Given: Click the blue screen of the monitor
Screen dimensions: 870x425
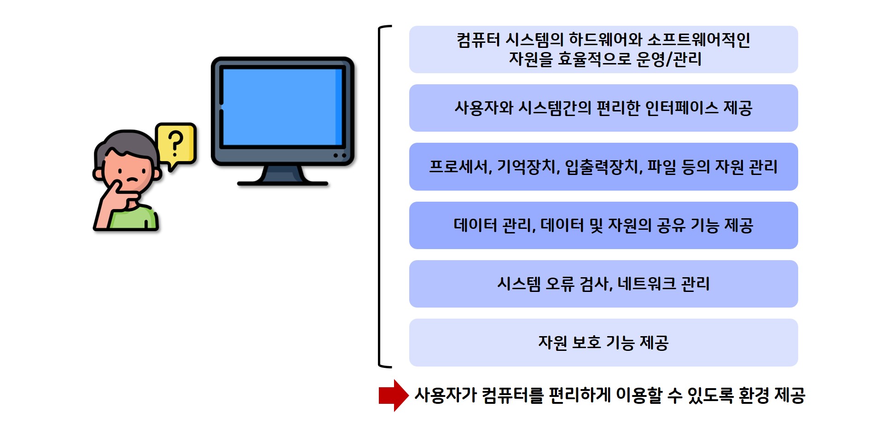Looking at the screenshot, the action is [x=282, y=107].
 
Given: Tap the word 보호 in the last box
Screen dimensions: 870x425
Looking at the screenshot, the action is [x=586, y=343].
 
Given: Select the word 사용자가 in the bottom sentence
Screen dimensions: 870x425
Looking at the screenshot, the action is [x=446, y=395].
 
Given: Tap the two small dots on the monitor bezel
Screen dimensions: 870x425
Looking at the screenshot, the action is [x=340, y=156].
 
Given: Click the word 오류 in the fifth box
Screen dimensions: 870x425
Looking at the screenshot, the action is [x=560, y=284].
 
